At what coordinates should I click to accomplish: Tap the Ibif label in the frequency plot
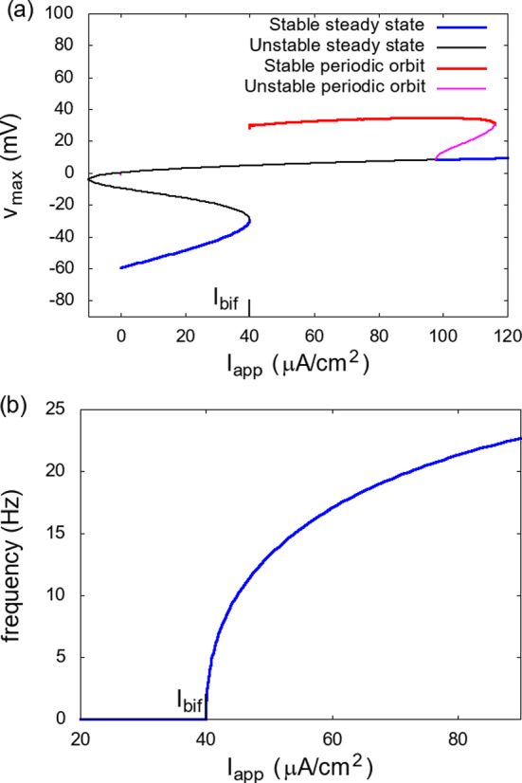pos(189,701)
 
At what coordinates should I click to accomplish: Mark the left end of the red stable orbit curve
pos(250,126)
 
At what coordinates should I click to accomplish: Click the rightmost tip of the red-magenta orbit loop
pos(495,122)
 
